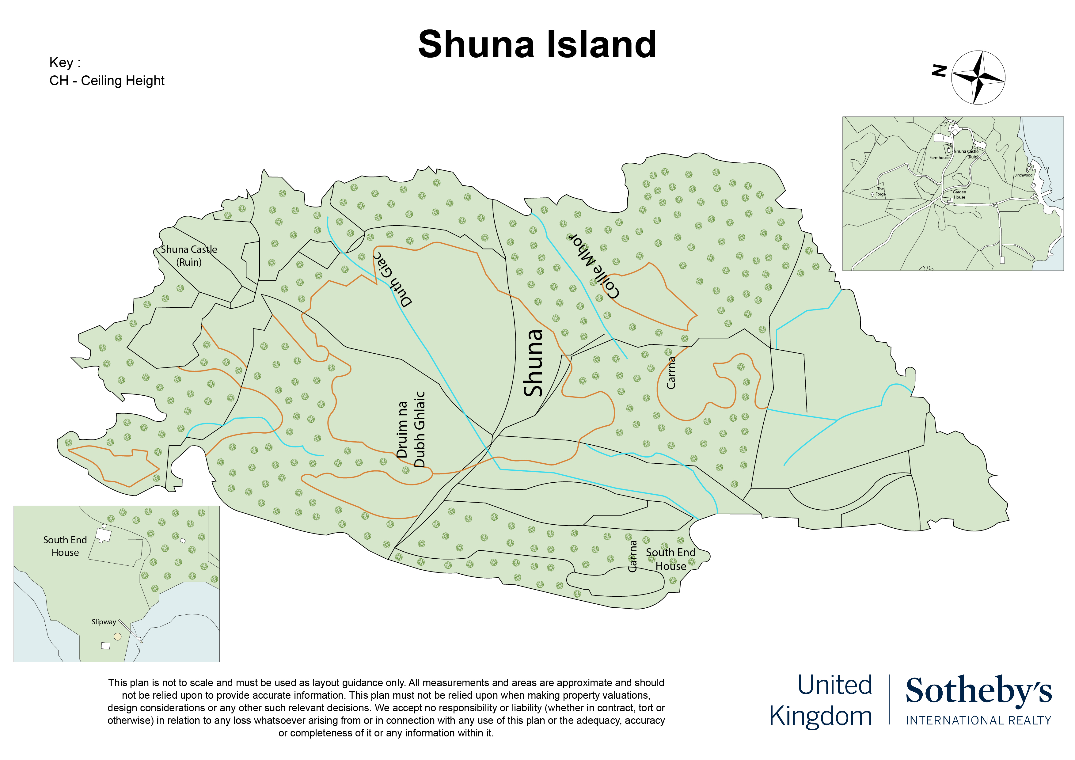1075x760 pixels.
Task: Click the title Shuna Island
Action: tap(537, 44)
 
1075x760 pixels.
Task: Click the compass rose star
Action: tap(978, 77)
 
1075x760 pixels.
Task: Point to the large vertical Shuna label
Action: tap(533, 363)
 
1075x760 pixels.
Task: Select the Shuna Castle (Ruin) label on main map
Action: tap(189, 256)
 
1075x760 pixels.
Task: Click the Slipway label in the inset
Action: tap(104, 622)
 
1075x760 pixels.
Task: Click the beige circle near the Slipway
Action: tap(117, 636)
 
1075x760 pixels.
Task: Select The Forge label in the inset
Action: tap(880, 192)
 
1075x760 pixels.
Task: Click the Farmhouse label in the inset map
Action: tap(939, 158)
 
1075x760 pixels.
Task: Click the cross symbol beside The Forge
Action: tap(872, 194)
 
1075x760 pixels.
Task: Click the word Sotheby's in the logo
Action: tap(978, 691)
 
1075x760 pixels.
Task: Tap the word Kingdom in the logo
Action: tap(820, 716)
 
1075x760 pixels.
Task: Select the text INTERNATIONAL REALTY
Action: tap(978, 720)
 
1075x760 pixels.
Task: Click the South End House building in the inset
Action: tap(103, 535)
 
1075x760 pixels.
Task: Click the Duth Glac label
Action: tap(392, 279)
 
